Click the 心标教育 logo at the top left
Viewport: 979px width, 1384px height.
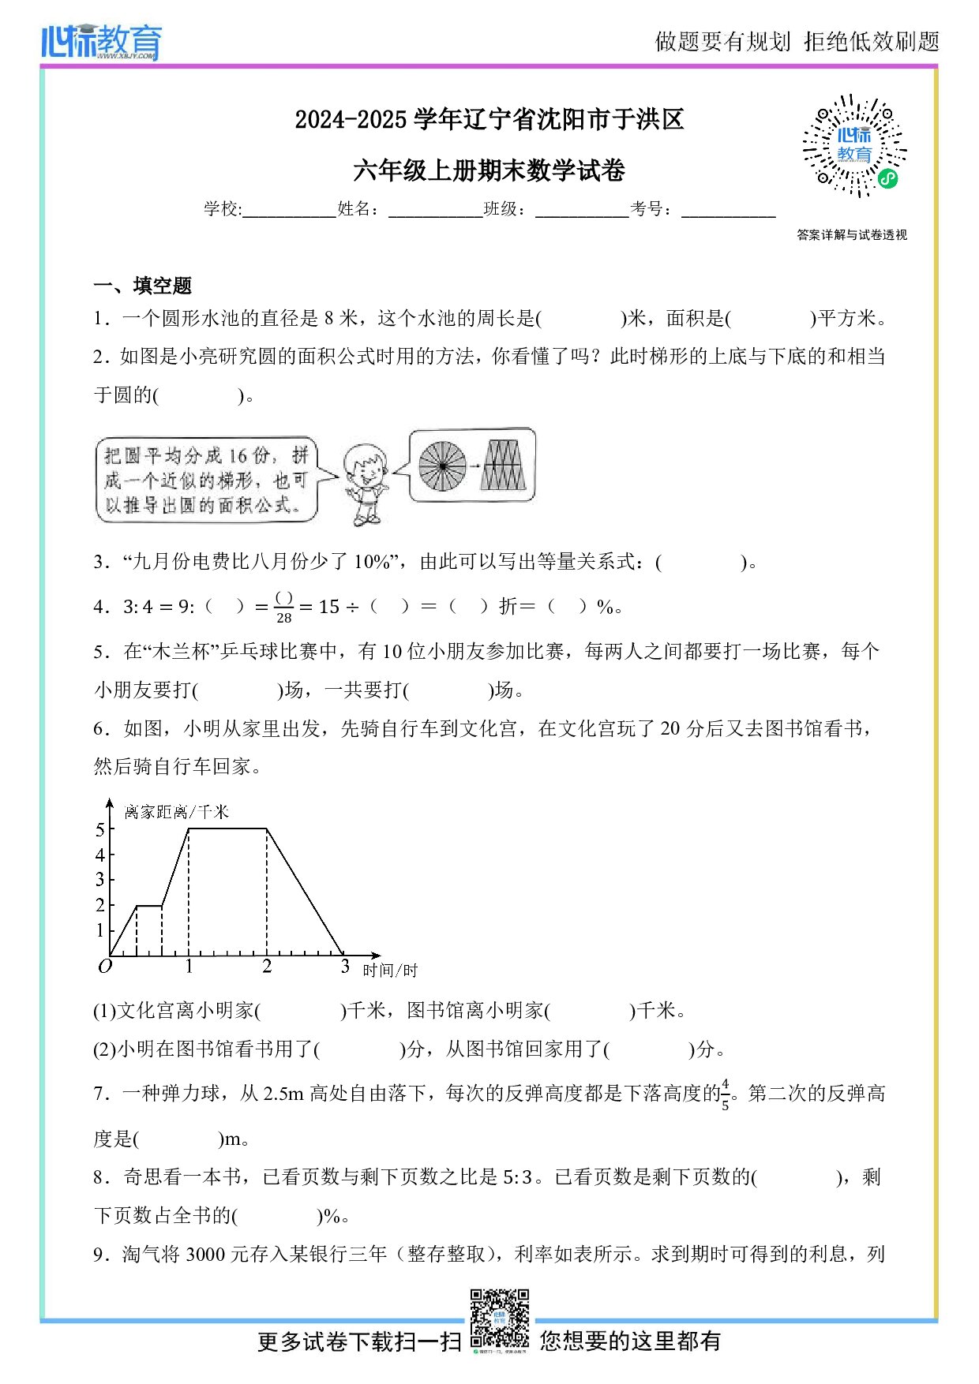pos(101,42)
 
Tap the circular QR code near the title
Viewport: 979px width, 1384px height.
pos(854,146)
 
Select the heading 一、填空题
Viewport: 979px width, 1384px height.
pos(142,286)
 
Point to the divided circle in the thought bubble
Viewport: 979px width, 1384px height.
pos(442,466)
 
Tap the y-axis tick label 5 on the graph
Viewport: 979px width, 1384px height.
pos(100,830)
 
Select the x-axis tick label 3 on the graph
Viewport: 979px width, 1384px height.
pos(345,967)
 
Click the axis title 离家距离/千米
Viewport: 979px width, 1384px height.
pos(177,812)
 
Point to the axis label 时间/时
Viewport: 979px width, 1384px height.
pos(390,971)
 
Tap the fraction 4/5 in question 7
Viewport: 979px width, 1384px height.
pos(725,1095)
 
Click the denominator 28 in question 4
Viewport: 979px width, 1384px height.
pos(284,618)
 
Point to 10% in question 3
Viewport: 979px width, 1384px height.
pos(371,562)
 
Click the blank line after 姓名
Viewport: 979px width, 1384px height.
pos(435,210)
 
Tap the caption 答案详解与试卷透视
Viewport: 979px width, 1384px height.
pos(852,235)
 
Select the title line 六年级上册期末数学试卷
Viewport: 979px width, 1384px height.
pos(489,170)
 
